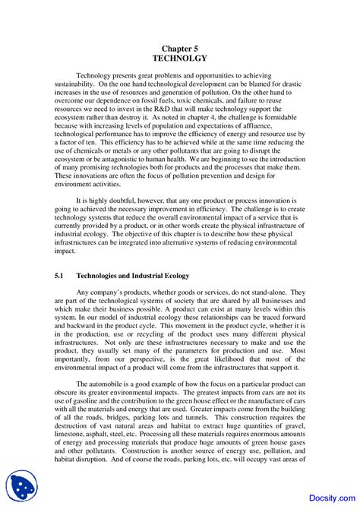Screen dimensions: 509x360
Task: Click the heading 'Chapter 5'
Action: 179,46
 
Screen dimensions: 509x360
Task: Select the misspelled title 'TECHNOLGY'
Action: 179,57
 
